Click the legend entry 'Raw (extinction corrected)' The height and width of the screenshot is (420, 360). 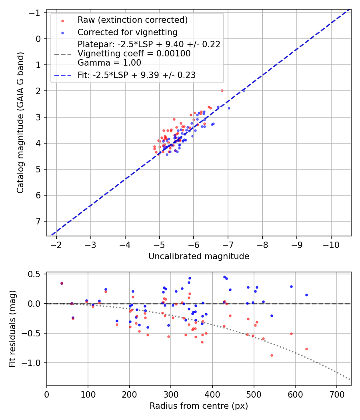(x=132, y=20)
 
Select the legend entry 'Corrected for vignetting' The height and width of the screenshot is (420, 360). (x=127, y=32)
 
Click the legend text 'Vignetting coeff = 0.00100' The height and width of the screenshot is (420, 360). (x=134, y=54)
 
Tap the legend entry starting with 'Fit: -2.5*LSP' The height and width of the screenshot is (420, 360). (x=136, y=75)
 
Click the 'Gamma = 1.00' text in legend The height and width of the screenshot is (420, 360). (x=110, y=63)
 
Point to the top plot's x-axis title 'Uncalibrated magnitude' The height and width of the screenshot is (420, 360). (x=199, y=256)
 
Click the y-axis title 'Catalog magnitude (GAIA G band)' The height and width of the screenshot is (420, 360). (x=20, y=123)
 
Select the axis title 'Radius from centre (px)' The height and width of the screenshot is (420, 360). (x=199, y=406)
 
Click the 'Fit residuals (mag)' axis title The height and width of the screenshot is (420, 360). (x=12, y=328)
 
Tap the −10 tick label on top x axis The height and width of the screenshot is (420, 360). (x=331, y=245)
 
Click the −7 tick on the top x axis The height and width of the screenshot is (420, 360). (x=228, y=245)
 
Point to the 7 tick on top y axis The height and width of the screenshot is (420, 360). (x=38, y=221)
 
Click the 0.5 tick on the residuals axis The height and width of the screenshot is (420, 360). (x=36, y=274)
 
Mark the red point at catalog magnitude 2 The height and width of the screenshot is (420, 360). (x=222, y=90)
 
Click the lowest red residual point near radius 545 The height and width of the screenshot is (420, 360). (x=272, y=355)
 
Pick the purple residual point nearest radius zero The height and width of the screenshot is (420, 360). (x=62, y=283)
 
